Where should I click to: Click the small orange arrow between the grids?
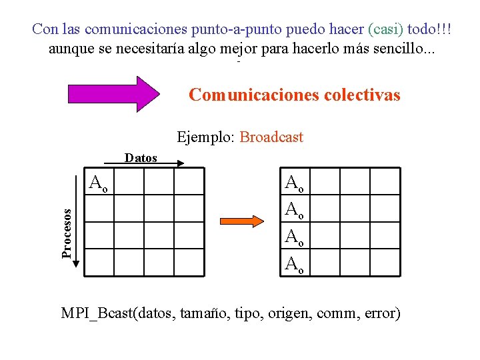243,221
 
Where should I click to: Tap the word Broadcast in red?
271,138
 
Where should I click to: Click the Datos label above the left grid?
141,158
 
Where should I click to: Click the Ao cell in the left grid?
100,182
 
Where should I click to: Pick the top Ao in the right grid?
294,182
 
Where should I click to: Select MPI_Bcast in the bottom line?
97,313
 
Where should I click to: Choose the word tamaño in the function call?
202,313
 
